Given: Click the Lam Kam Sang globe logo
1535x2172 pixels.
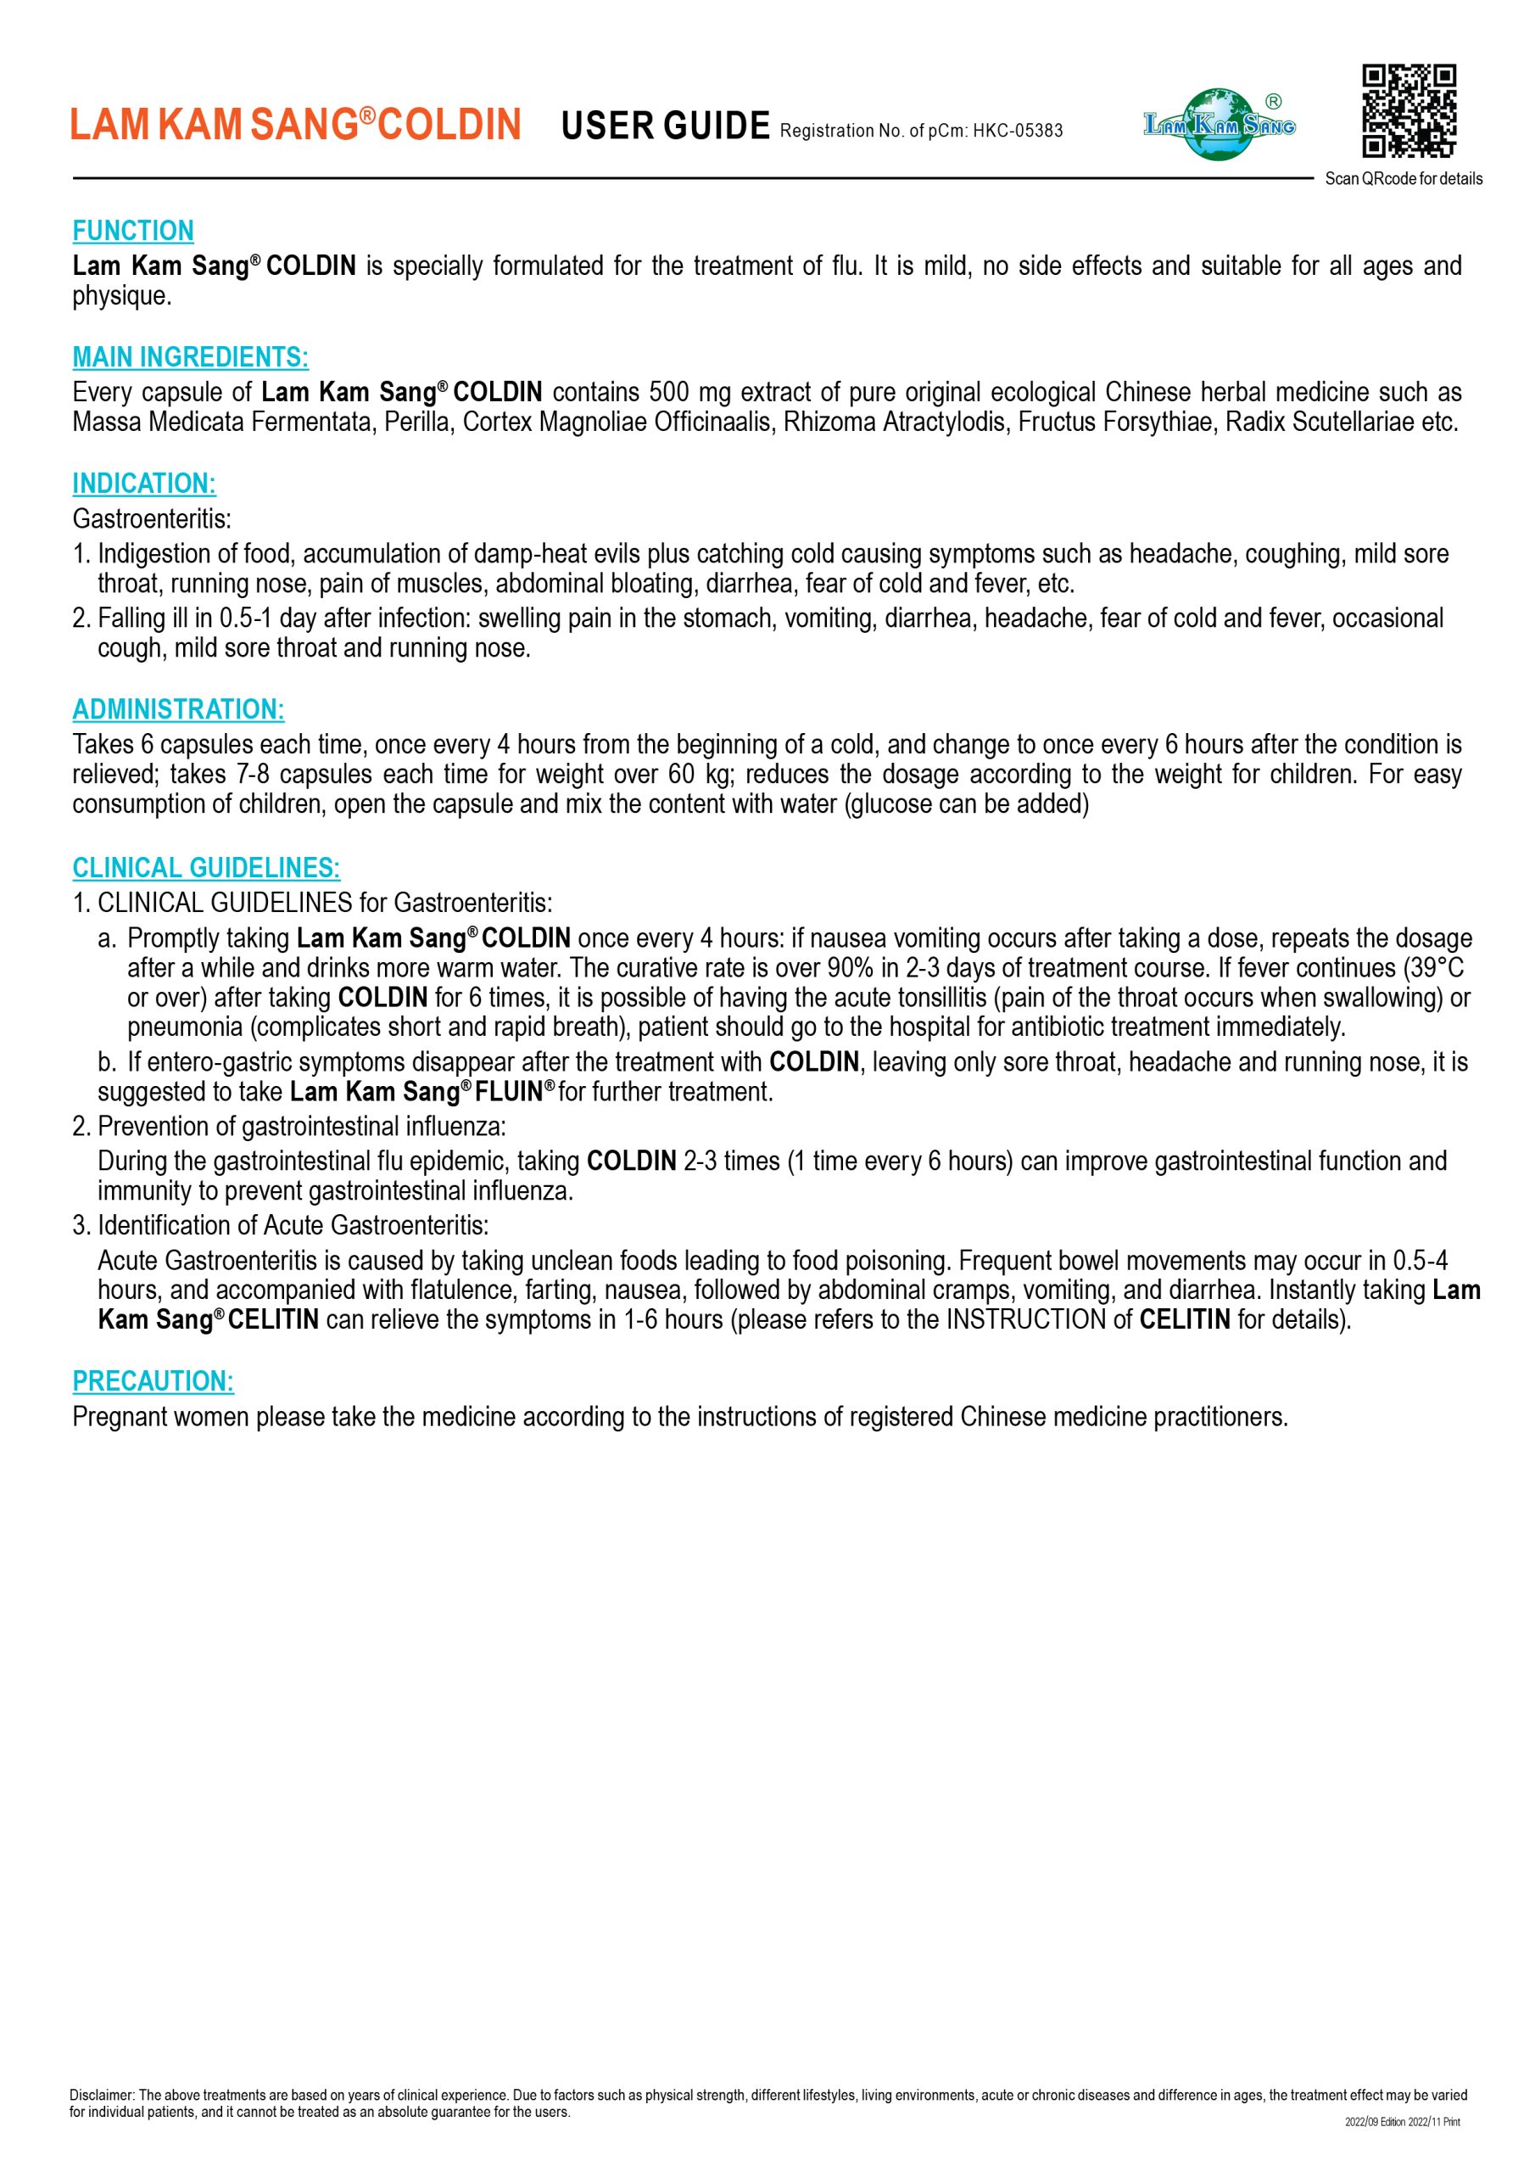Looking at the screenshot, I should (1220, 124).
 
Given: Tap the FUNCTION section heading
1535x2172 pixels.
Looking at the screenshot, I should (133, 231).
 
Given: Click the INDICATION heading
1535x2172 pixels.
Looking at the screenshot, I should (144, 484).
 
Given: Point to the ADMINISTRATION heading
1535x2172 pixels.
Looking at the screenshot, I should (178, 709).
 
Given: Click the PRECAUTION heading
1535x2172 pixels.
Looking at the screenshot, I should (153, 1381).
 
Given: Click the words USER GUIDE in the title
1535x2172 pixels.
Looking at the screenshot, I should (665, 126).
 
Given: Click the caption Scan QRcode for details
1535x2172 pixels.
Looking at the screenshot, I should (1404, 179).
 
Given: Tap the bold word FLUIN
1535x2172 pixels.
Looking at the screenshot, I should (508, 1092).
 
